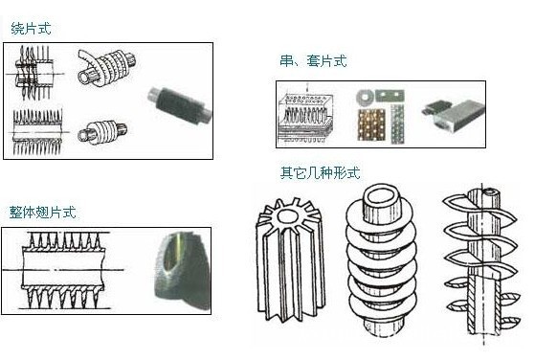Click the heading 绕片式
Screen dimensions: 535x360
pos(31,29)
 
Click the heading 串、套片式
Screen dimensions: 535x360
pos(313,61)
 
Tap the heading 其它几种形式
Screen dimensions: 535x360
pos(320,172)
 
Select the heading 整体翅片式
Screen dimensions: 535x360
pos(43,212)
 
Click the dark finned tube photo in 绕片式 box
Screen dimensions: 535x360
pos(180,104)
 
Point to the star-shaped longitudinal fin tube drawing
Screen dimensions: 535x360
pos(290,260)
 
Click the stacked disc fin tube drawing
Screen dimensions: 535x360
pos(382,260)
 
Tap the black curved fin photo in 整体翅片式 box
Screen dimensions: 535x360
pos(182,270)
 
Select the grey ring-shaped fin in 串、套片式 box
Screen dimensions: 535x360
pos(365,98)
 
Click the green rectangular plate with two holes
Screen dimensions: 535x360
pos(390,95)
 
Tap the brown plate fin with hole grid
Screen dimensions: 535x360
pos(372,124)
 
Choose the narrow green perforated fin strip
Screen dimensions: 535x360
pos(397,124)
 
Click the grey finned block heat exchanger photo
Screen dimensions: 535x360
pos(454,114)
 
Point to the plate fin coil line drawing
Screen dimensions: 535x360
pos(305,116)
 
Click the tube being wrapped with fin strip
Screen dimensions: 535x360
pos(106,68)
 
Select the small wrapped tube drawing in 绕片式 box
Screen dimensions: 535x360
pos(102,132)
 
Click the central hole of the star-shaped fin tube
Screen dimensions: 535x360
pos(289,215)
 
